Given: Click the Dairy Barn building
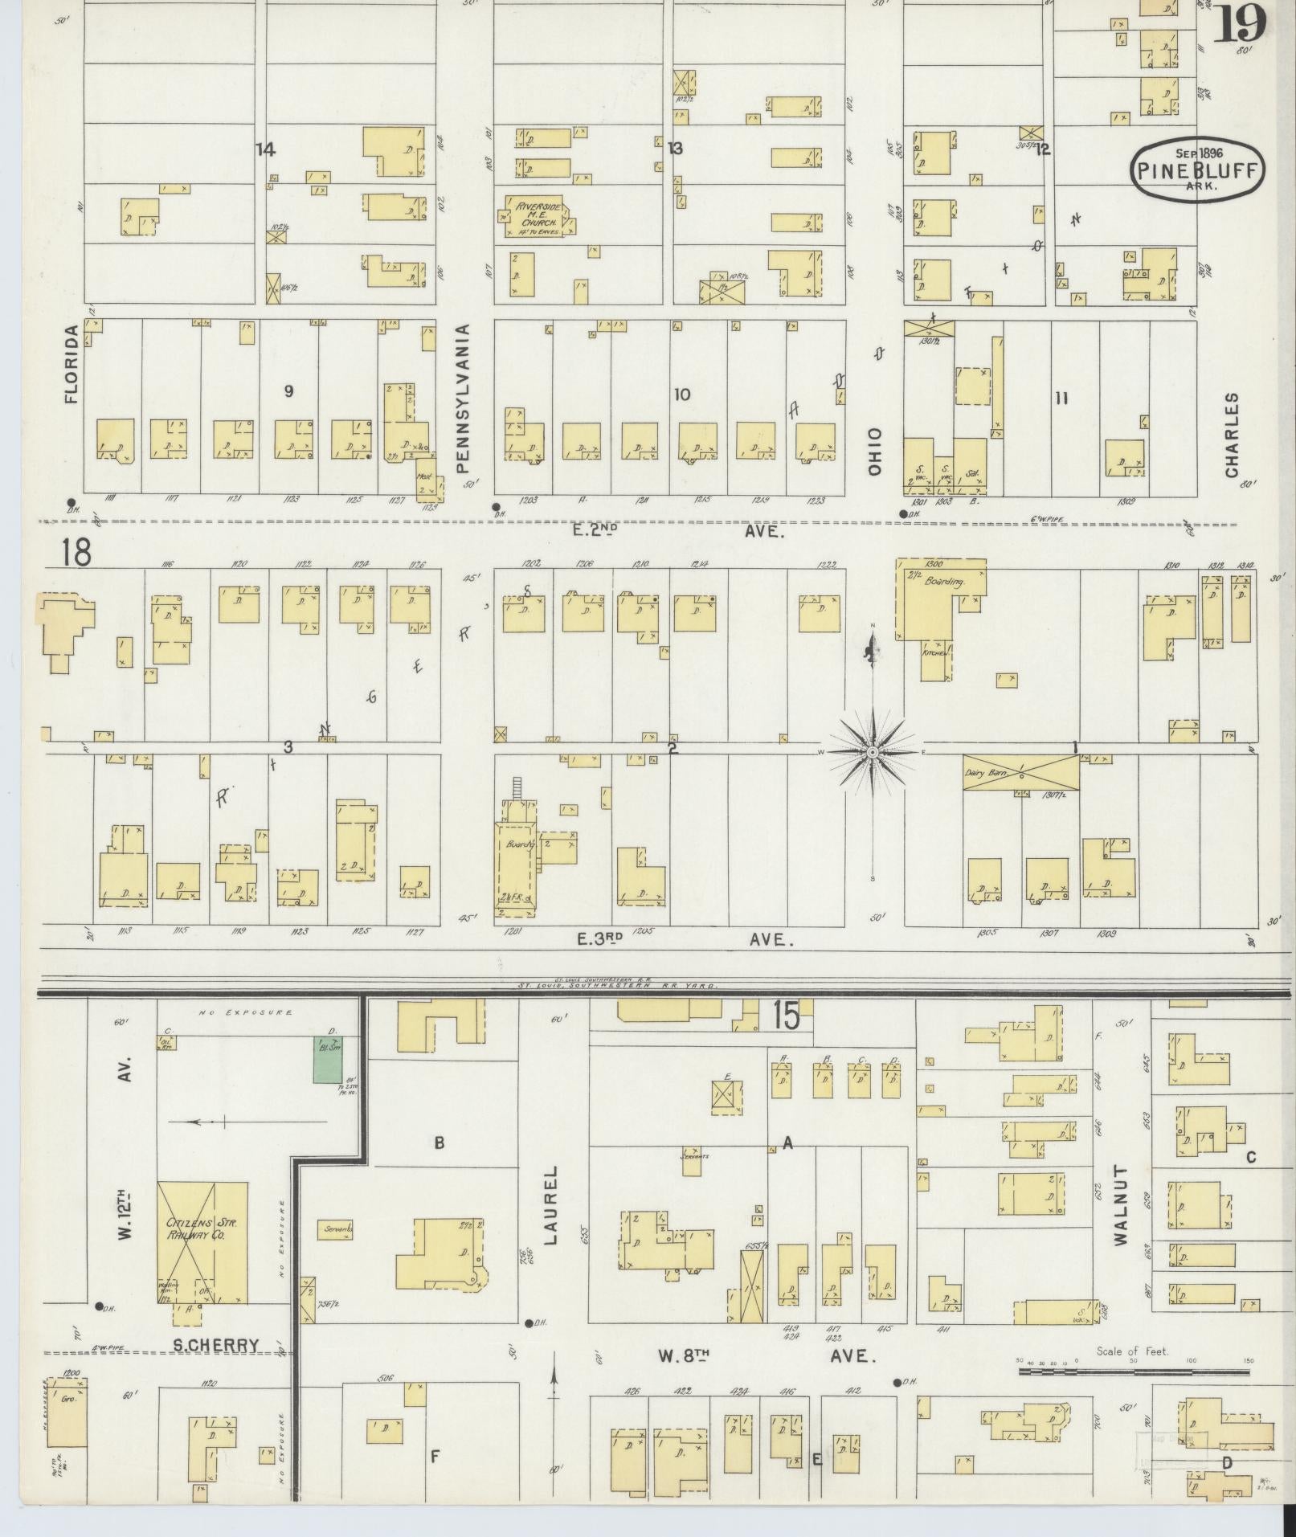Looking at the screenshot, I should pos(1020,772).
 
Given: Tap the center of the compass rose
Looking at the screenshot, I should pos(872,751).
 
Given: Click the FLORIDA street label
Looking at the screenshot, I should pos(73,363).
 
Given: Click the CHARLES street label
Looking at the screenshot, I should pos(1231,435).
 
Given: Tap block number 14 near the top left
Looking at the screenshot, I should pos(265,149).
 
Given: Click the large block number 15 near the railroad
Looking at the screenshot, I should pos(787,1016).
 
